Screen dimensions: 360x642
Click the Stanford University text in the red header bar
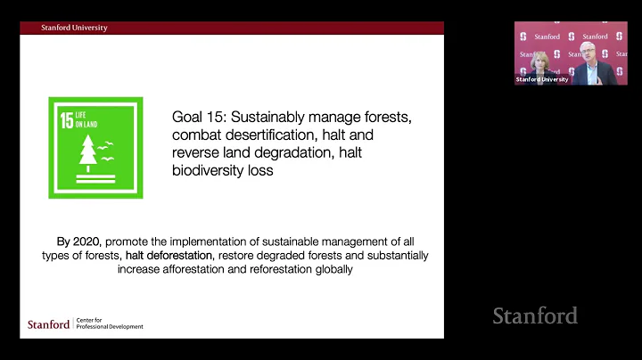74,28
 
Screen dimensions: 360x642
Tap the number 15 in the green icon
67,121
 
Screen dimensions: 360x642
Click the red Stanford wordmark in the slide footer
48,324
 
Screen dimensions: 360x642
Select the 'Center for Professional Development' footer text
108,324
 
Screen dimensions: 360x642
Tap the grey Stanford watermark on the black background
535,315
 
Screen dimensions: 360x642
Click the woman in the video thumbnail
539,69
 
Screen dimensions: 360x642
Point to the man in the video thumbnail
589,64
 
